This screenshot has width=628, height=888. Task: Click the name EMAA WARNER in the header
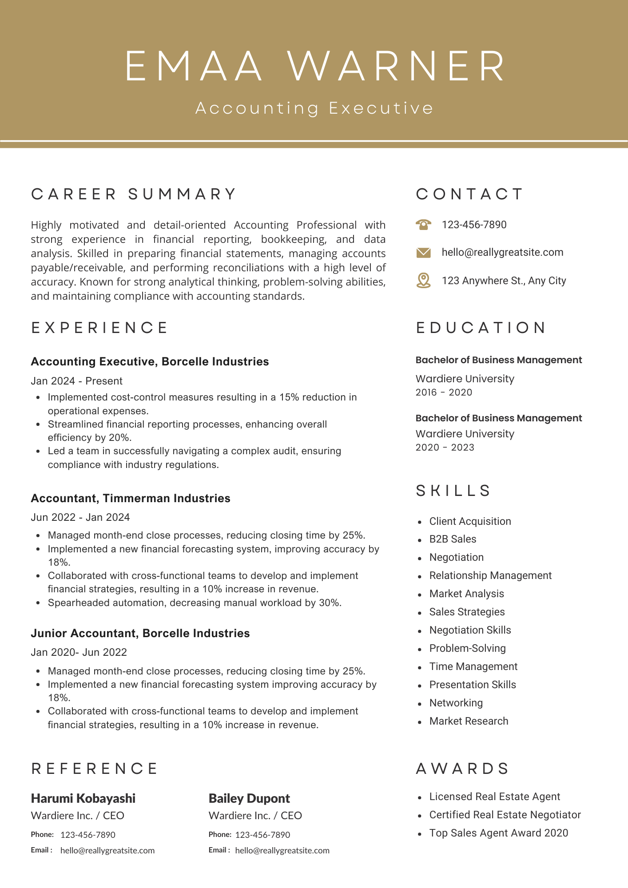[314, 66]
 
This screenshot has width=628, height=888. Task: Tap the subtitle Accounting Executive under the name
[314, 108]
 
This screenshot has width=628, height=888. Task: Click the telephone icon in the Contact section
[424, 225]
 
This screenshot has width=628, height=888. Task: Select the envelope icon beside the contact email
[424, 253]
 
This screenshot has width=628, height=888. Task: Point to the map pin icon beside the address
[424, 281]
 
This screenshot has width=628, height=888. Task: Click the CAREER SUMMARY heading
[134, 194]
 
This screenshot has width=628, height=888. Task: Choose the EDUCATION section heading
[481, 328]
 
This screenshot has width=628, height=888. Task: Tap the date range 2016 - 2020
[444, 392]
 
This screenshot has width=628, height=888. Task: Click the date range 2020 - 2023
[445, 448]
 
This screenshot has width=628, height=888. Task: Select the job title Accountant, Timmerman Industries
[131, 498]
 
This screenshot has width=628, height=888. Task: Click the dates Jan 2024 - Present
[76, 381]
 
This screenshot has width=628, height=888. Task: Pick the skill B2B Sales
[453, 539]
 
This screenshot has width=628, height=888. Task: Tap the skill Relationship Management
[490, 575]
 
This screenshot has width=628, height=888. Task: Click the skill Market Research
[469, 721]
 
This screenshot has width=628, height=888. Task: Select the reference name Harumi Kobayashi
[83, 798]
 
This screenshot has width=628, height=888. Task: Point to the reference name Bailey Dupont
[249, 798]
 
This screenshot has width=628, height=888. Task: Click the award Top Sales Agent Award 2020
[498, 833]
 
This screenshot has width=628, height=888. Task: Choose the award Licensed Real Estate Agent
[494, 797]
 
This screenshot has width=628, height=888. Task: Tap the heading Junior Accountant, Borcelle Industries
[140, 633]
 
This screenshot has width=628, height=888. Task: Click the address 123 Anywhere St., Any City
[504, 281]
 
